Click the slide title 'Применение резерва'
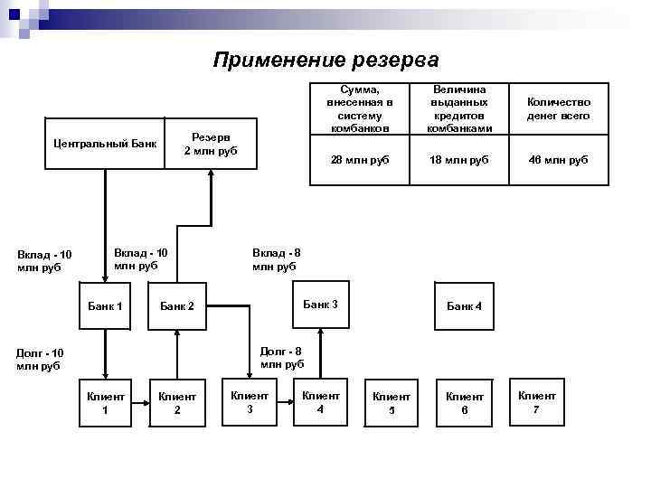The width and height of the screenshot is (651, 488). pos(325,61)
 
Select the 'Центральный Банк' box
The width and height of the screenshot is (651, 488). pos(105,143)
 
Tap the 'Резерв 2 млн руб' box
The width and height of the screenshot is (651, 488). pos(210,143)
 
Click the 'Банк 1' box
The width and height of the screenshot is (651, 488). pos(105,306)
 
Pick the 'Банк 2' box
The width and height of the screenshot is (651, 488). pos(177,306)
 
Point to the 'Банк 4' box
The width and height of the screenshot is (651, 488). pos(464,306)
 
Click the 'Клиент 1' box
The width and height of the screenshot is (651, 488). pos(105,403)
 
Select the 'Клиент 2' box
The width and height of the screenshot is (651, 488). pos(177,403)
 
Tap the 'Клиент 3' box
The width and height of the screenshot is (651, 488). pos(250,401)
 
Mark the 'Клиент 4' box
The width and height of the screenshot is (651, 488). pos(320,401)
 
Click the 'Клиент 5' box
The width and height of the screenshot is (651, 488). pos(392,403)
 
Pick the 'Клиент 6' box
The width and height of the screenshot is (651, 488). pos(464,403)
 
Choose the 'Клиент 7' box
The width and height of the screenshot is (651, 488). pos(536,402)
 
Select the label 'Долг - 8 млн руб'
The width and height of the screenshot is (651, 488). pos(282,357)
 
